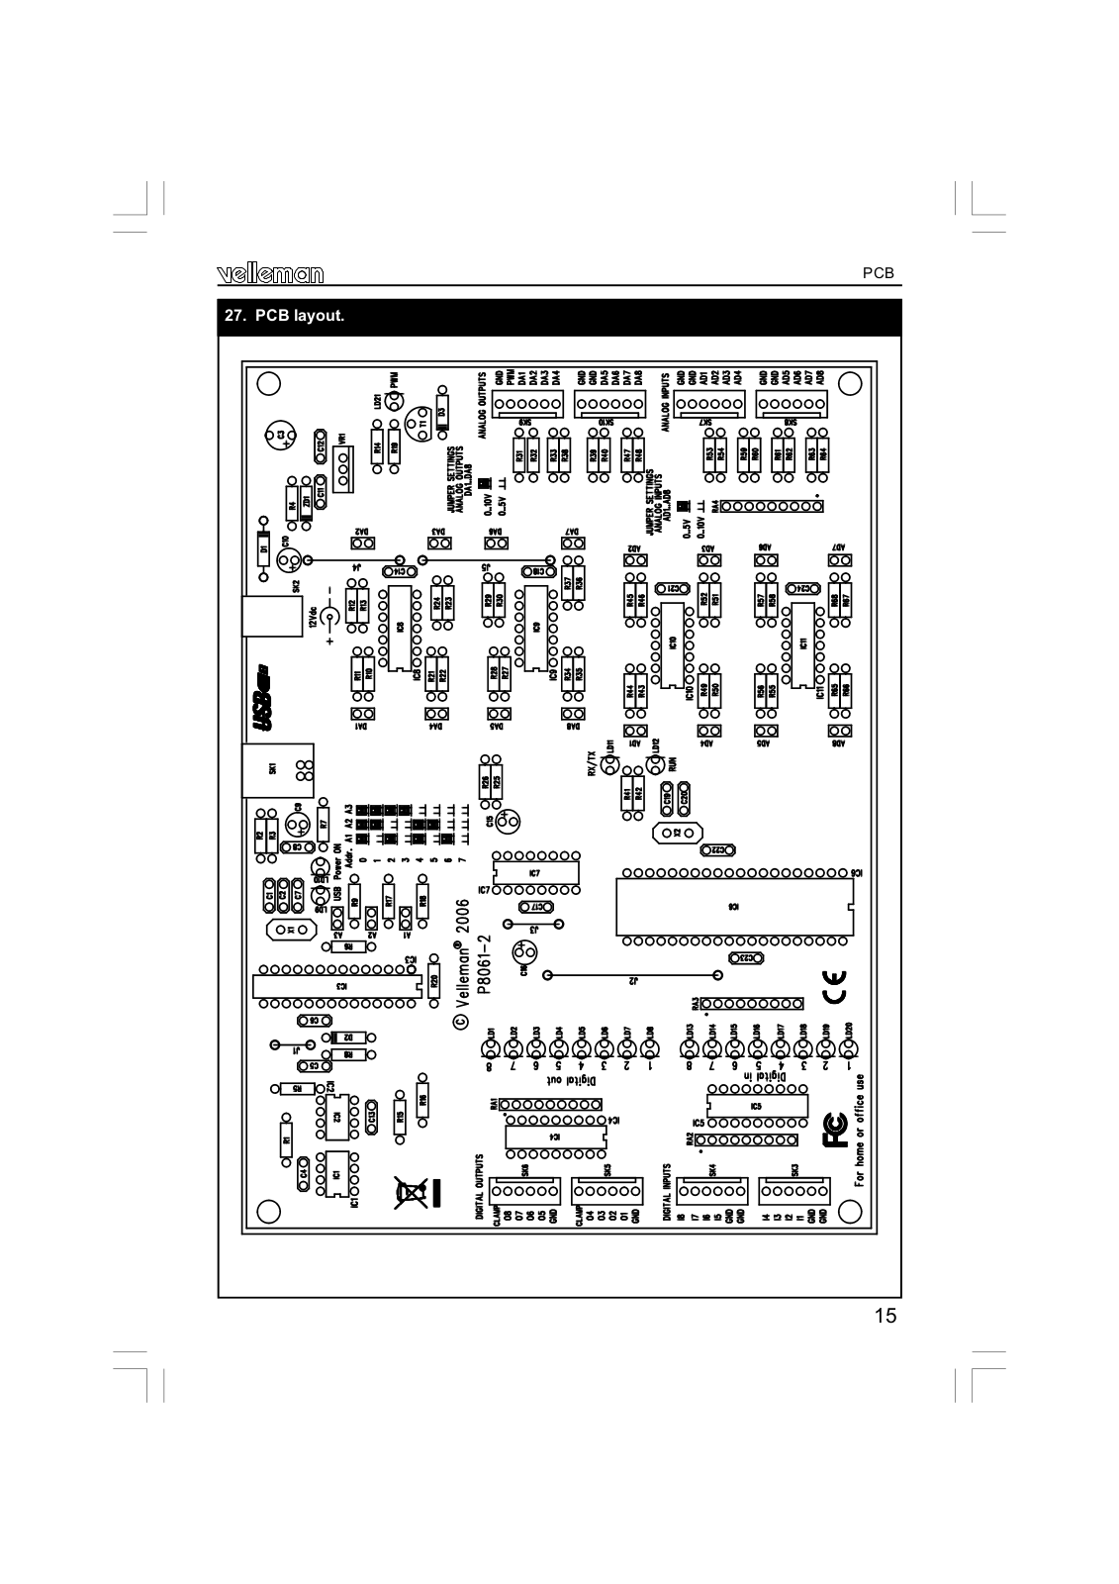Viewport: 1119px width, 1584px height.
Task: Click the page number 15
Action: pyautogui.click(x=886, y=1316)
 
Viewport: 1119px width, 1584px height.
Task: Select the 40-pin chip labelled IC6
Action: pyautogui.click(x=733, y=906)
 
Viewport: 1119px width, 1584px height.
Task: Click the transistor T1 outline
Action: pyautogui.click(x=420, y=422)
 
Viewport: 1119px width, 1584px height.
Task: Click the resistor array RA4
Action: pyautogui.click(x=772, y=506)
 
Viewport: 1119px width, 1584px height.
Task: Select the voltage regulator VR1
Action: pyautogui.click(x=342, y=466)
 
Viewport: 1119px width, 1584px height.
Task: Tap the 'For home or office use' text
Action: pyautogui.click(x=861, y=1130)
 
